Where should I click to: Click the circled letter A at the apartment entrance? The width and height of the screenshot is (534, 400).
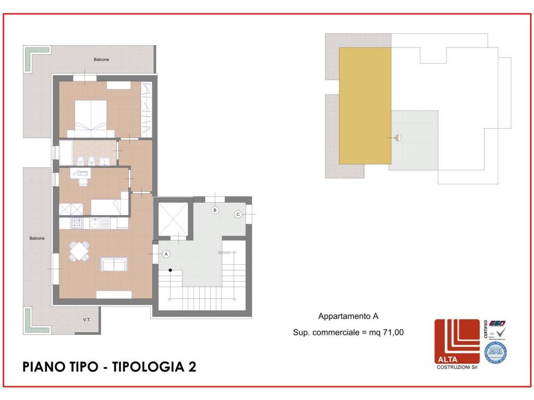166,254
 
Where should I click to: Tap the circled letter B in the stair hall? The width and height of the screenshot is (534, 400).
214,210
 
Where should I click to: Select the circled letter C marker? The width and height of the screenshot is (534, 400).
238,214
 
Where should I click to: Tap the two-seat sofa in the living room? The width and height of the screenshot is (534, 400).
114,265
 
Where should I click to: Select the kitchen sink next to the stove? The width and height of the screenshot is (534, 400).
96,223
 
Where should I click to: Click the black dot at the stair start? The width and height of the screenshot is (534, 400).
171,270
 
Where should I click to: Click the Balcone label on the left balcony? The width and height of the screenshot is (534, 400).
37,238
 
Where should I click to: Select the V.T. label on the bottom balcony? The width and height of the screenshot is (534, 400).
87,319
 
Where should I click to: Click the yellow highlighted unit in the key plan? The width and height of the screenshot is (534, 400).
365,106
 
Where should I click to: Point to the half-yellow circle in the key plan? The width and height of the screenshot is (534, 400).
398,138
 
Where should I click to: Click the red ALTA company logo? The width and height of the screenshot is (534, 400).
457,341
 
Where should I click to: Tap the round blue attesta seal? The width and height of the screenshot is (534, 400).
495,353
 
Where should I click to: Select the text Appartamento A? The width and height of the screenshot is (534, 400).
348,316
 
